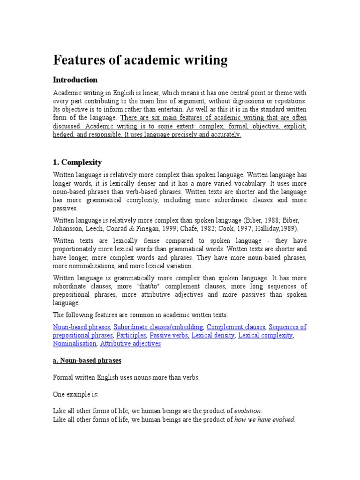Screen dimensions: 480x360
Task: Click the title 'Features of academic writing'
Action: [x=140, y=60]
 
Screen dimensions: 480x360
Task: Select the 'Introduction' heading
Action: [x=75, y=80]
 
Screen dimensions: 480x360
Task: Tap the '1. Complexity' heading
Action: [x=77, y=162]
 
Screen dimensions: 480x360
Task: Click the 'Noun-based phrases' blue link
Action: [x=82, y=327]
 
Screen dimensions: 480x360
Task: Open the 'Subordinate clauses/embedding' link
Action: [x=158, y=327]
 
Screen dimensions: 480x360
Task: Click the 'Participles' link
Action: [x=131, y=335]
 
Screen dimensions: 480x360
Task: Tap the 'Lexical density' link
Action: [x=213, y=335]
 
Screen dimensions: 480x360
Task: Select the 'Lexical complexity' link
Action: [x=266, y=335]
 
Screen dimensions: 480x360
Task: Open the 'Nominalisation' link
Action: [x=75, y=344]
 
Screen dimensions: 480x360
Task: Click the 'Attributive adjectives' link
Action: [x=130, y=344]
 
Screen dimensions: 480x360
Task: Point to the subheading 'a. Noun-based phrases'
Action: [x=87, y=360]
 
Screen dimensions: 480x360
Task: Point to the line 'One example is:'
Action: [x=75, y=394]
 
